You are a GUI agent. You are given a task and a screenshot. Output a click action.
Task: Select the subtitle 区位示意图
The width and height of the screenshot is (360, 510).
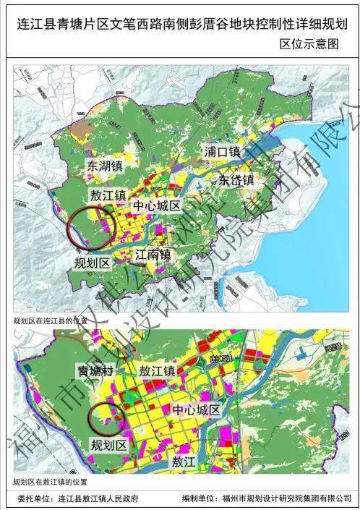(309, 44)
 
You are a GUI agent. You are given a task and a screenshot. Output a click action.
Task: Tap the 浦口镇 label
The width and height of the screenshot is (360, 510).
(223, 153)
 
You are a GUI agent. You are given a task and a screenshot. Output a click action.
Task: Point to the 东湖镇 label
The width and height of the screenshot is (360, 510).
(106, 166)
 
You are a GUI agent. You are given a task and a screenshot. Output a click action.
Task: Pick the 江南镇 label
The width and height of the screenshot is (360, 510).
(153, 255)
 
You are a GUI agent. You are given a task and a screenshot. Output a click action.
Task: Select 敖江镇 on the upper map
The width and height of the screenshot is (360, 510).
(109, 196)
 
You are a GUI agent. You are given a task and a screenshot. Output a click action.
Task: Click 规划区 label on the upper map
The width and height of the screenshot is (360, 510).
(92, 263)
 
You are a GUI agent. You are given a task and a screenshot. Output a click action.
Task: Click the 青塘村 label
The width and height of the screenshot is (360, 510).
(96, 370)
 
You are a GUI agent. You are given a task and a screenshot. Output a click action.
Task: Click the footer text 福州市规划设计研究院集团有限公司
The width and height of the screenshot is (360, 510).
(289, 498)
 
